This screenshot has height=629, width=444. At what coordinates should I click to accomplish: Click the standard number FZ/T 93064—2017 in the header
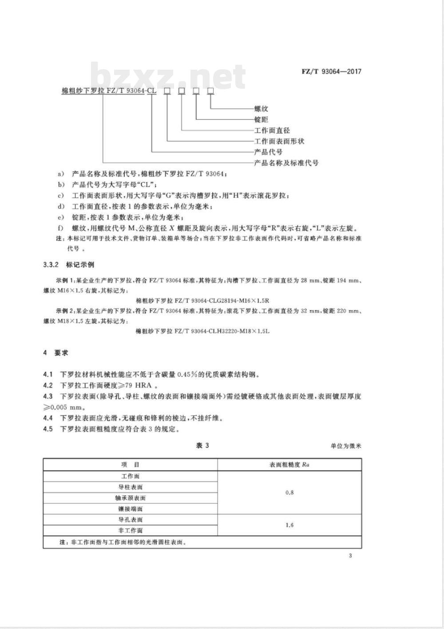click(331, 71)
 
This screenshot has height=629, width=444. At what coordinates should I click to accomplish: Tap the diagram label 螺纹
click(261, 109)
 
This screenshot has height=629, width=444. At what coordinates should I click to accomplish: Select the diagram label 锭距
click(261, 119)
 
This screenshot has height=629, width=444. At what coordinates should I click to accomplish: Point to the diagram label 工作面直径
click(272, 130)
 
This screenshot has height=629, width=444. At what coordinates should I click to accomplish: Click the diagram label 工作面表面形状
click(279, 141)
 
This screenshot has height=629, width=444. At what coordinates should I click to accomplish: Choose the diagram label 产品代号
click(268, 152)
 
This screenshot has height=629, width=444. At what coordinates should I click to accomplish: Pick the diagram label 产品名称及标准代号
click(286, 163)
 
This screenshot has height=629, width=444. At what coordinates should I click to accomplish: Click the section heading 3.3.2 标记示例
click(69, 265)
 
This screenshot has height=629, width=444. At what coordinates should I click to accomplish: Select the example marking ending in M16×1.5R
click(202, 301)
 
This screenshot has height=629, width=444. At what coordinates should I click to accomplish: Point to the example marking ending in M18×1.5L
click(202, 331)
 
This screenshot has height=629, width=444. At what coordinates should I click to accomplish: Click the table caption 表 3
click(202, 445)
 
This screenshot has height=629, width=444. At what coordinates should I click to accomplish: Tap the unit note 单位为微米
click(346, 446)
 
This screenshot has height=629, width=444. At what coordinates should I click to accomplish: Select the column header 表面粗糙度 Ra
click(289, 465)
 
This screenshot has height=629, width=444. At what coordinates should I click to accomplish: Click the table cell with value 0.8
click(289, 492)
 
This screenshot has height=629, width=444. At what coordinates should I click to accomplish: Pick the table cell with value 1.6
click(289, 525)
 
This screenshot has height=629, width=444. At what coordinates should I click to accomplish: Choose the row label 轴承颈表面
click(130, 498)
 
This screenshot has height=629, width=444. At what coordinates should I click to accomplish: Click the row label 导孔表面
click(130, 520)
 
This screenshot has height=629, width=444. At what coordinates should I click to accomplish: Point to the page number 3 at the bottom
click(351, 556)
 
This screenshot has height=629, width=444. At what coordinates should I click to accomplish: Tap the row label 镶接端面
click(130, 509)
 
